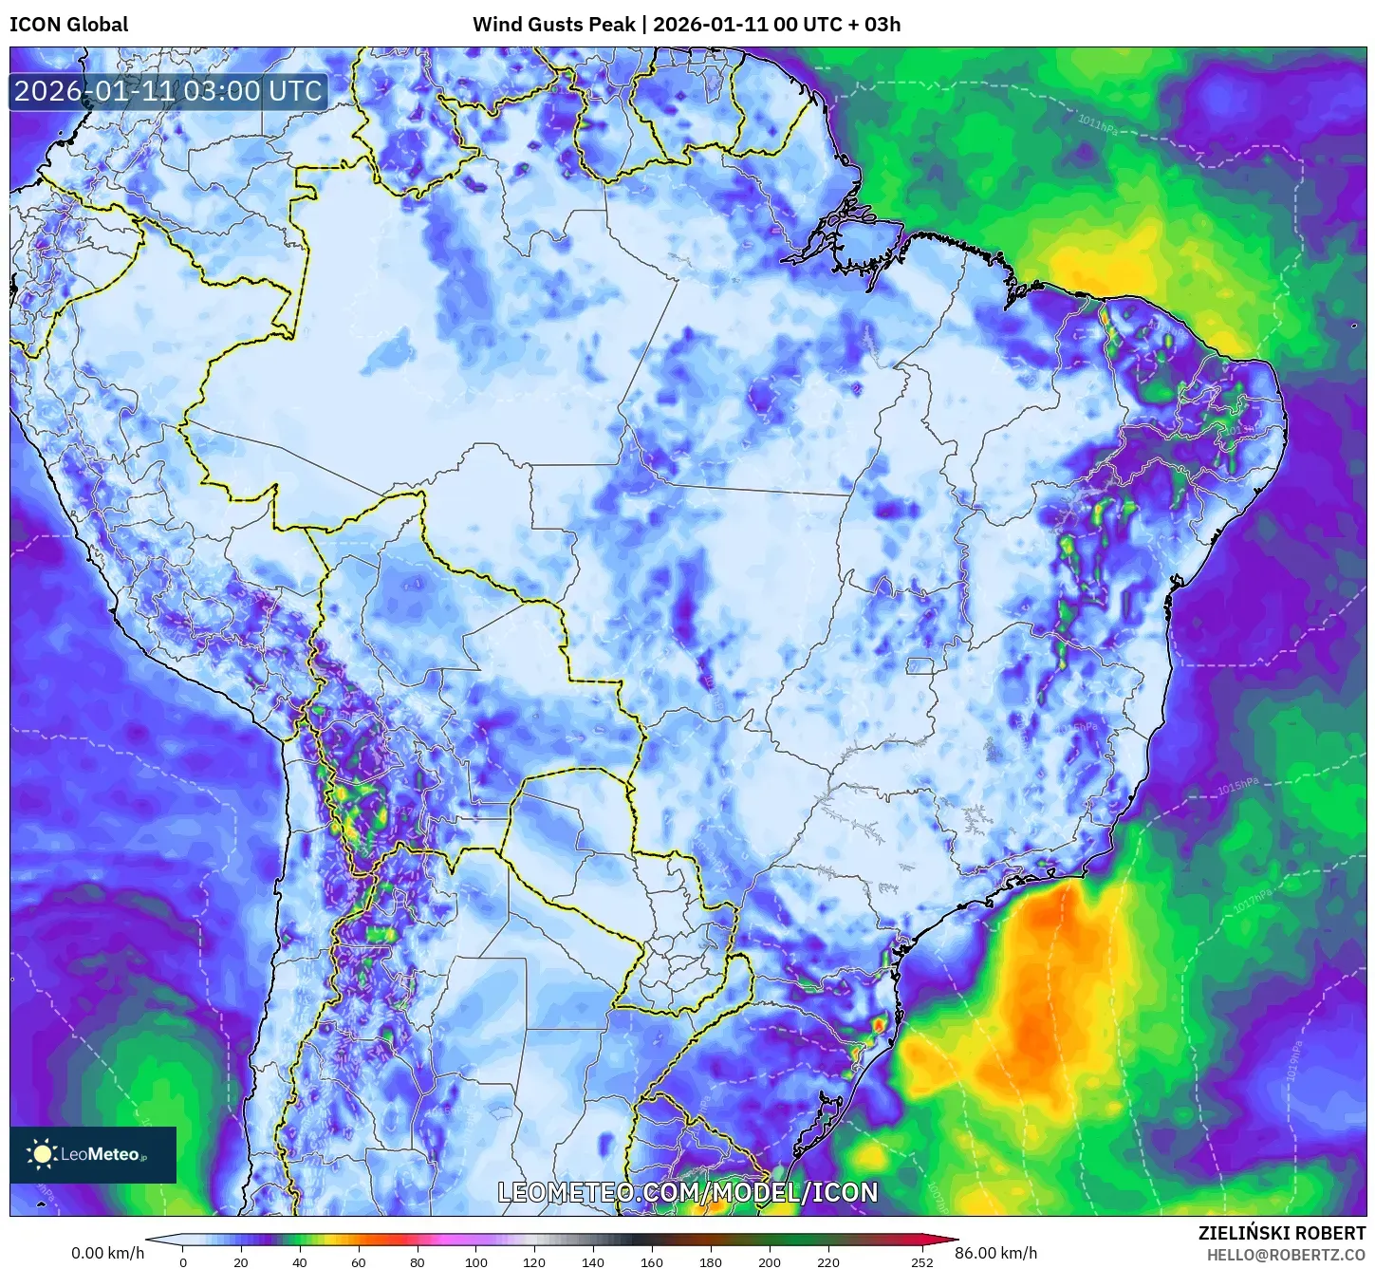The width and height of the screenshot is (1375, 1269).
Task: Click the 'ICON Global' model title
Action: (x=68, y=25)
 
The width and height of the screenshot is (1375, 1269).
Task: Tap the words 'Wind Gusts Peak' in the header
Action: (x=553, y=25)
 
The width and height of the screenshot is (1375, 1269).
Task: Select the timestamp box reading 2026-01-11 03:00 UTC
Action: (x=169, y=91)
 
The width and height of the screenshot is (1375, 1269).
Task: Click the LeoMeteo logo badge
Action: (x=93, y=1154)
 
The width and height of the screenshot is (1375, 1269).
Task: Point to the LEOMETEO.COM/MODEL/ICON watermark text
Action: (x=688, y=1193)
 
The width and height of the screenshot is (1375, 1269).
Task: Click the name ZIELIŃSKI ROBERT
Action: (x=1281, y=1234)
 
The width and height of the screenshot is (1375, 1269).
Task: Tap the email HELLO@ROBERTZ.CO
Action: (x=1286, y=1255)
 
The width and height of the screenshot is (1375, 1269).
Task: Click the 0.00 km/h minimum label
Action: (x=108, y=1253)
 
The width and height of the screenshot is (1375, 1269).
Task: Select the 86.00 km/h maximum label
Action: (x=995, y=1253)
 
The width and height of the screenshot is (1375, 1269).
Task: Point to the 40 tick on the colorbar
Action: (x=300, y=1262)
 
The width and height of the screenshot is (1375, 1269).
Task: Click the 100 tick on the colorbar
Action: (x=476, y=1262)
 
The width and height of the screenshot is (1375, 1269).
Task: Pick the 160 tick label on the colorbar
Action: (x=652, y=1262)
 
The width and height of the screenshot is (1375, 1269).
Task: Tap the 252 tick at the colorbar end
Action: (x=921, y=1262)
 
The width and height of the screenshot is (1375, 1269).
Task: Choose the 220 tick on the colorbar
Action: (x=828, y=1262)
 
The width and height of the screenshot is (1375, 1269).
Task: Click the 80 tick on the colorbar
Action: (x=418, y=1262)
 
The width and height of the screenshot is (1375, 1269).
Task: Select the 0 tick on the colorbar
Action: (x=183, y=1262)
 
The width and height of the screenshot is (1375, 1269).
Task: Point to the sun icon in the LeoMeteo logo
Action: (x=43, y=1154)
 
